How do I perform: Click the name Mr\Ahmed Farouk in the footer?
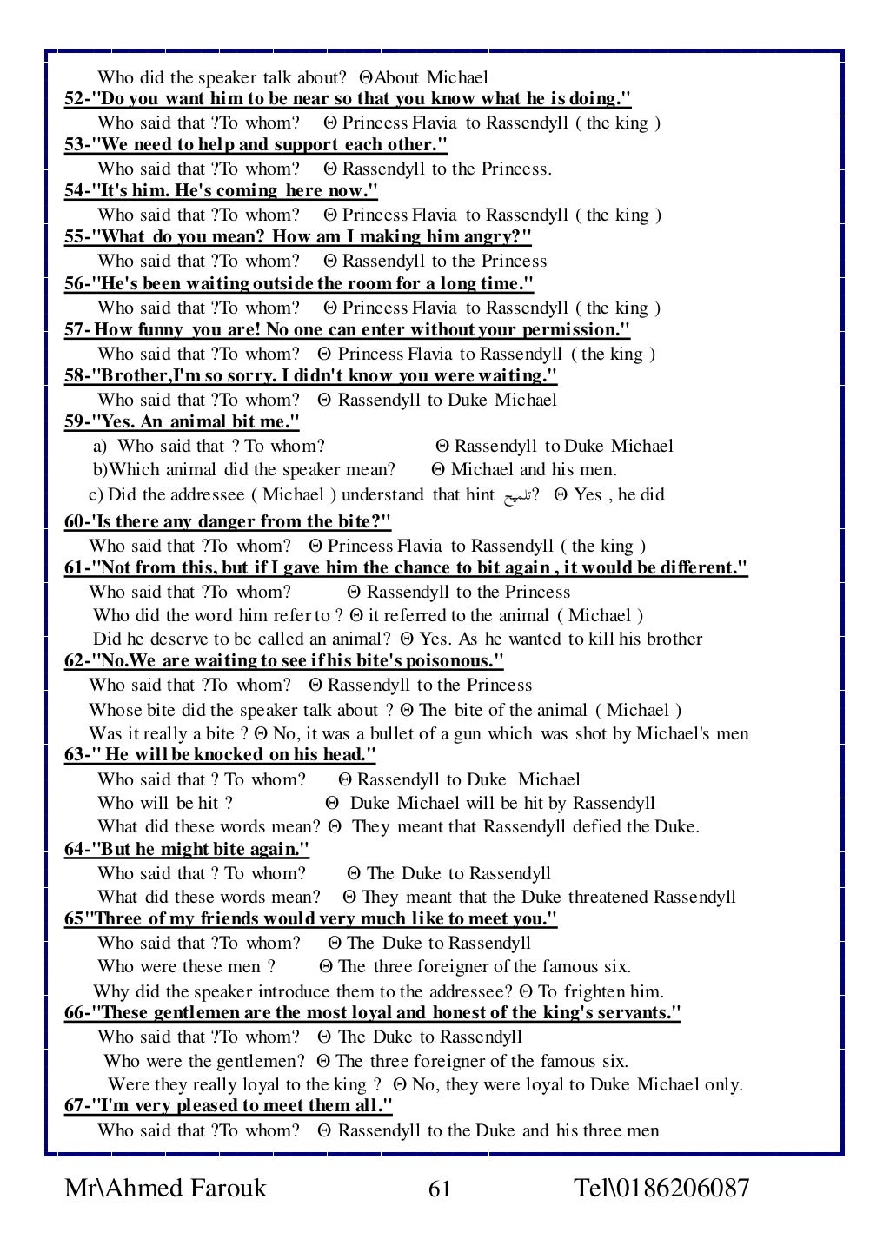pyautogui.click(x=165, y=1188)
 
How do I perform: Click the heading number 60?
pyautogui.click(x=75, y=522)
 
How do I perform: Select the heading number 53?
pyautogui.click(x=75, y=145)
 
